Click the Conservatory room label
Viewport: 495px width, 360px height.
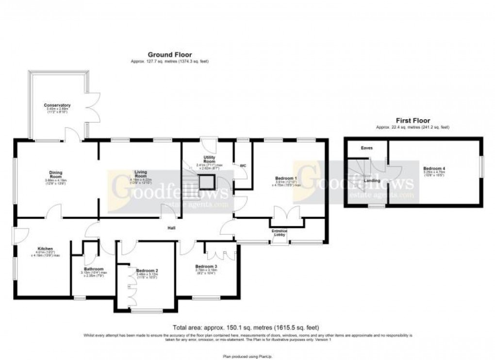[x=57, y=105]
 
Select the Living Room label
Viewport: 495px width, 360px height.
[x=141, y=174]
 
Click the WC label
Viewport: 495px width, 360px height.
[x=243, y=165]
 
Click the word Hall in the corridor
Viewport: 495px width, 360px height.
[x=171, y=228]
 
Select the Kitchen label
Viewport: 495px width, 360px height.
[x=44, y=249]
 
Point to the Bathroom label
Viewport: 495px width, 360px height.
[x=92, y=269]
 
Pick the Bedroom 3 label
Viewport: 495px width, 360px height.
[x=206, y=266]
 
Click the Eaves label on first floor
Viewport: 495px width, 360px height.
[x=366, y=148]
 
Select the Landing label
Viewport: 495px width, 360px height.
[x=372, y=180]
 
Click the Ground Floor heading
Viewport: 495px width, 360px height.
[x=170, y=55]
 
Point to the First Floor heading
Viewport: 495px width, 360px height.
[x=412, y=121]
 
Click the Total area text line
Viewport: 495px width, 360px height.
[x=246, y=327]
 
